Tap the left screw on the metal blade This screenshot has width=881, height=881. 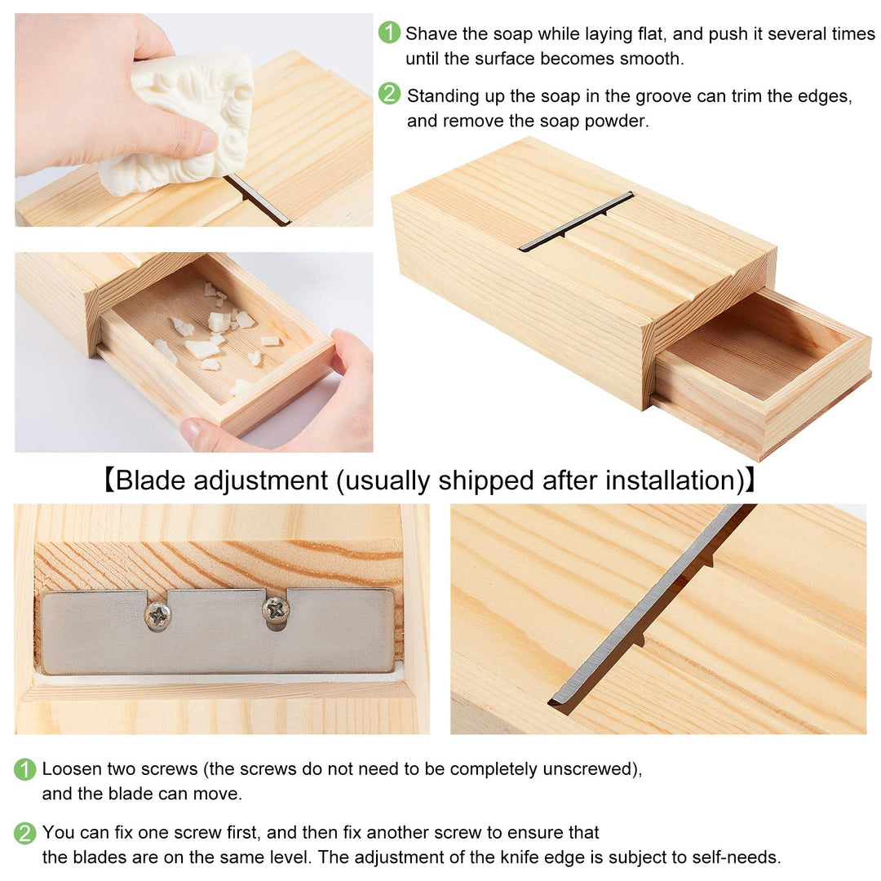(x=157, y=615)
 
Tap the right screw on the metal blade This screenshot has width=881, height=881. (x=275, y=608)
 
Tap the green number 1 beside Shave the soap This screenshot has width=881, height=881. (x=389, y=33)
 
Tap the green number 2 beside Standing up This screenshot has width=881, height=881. (x=389, y=95)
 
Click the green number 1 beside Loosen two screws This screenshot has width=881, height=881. (x=25, y=769)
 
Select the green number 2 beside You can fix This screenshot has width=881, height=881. (x=25, y=833)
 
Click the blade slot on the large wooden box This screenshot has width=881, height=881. (x=576, y=221)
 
